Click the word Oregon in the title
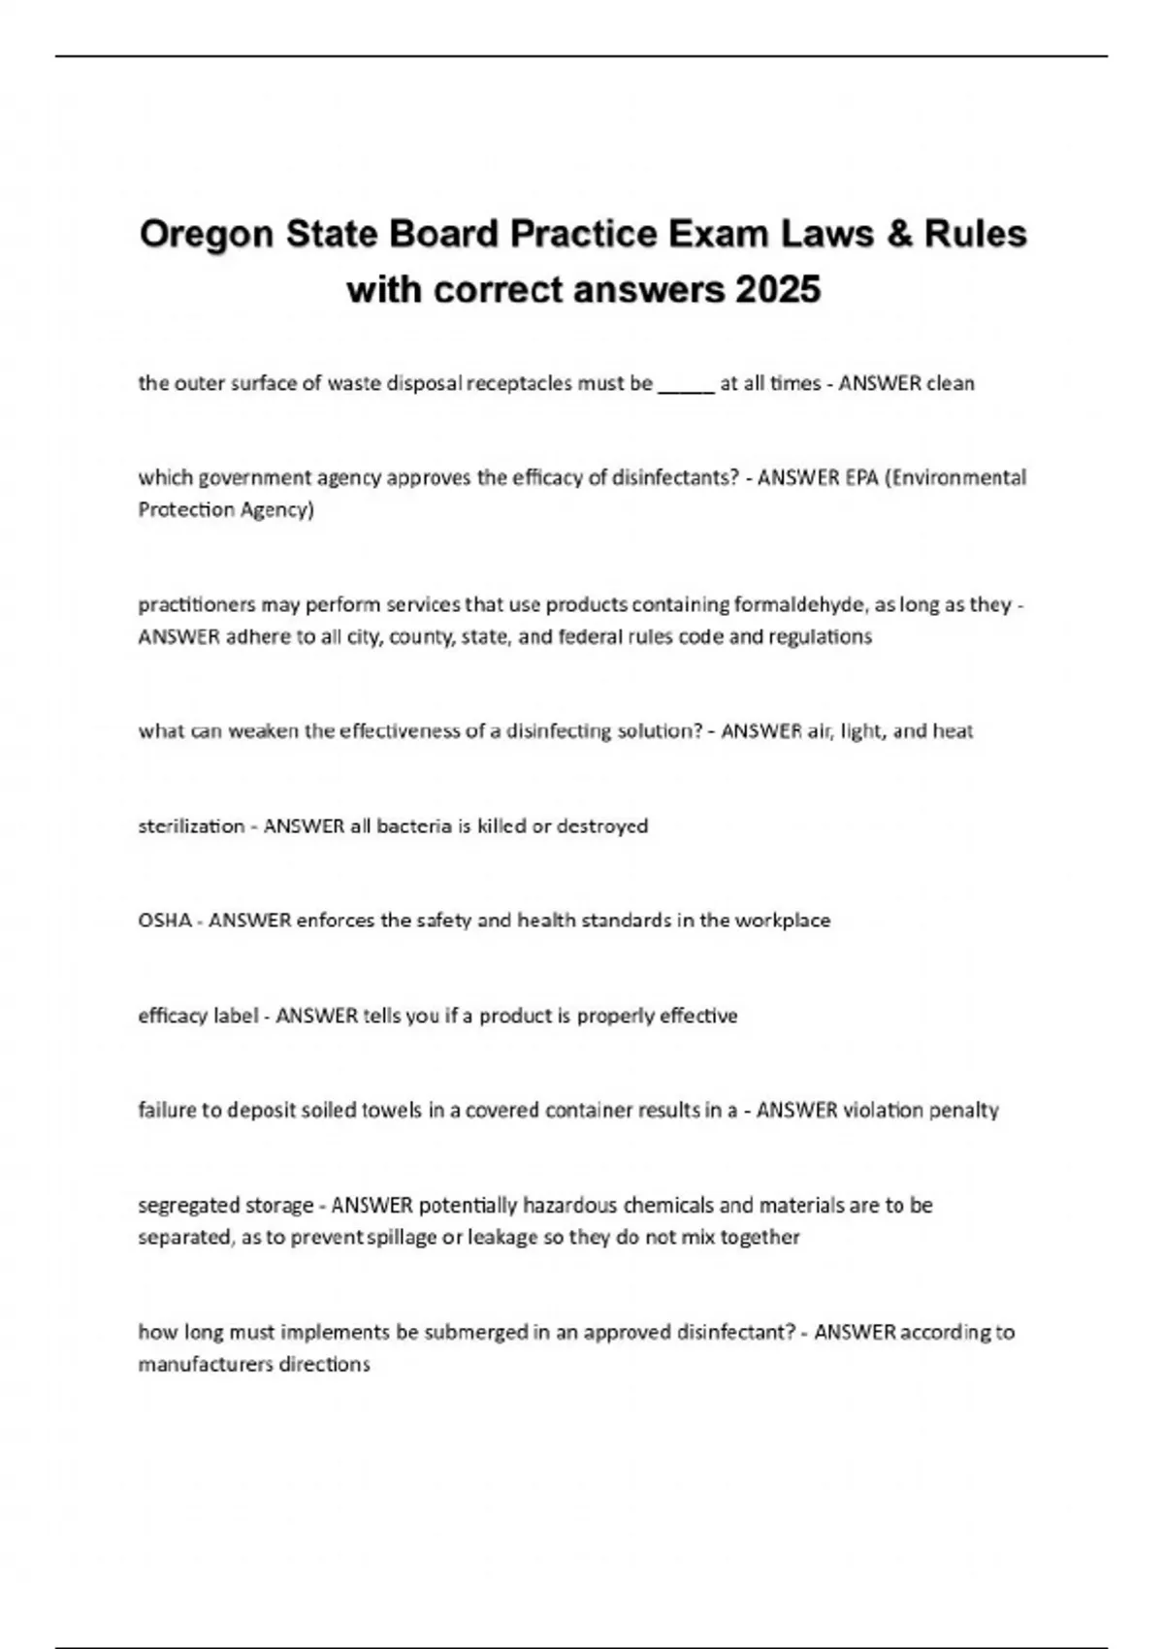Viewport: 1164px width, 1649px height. coord(206,235)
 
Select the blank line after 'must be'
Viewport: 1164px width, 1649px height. coord(686,384)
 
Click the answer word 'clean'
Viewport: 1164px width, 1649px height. coord(951,383)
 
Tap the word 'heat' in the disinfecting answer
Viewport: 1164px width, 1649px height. coord(953,730)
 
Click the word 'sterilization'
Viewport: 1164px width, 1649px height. coord(191,825)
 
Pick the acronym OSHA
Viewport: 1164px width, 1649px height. coord(165,920)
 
